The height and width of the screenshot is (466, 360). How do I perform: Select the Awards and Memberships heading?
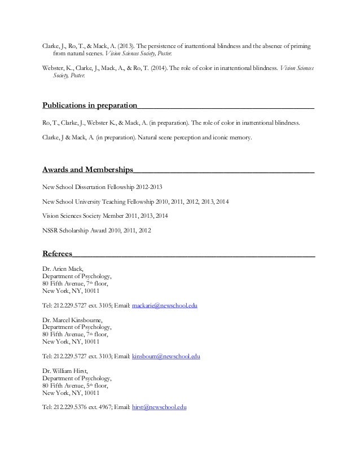click(88, 169)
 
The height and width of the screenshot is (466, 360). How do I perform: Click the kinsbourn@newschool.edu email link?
click(166, 357)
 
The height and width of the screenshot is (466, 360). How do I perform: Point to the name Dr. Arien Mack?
click(63, 269)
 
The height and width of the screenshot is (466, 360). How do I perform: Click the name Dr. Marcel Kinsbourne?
click(73, 319)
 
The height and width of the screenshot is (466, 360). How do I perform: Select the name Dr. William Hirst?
click(68, 371)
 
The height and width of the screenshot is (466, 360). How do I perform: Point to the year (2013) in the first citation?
click(126, 46)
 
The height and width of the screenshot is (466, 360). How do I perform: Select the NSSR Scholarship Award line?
click(96, 230)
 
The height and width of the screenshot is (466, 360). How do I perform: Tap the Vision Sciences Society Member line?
click(105, 216)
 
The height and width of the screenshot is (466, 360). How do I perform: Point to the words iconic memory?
click(234, 137)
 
